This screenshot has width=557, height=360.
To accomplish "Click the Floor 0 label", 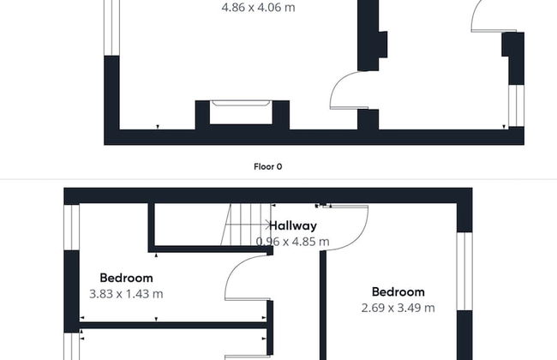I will (268, 166).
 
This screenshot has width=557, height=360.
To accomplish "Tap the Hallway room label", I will (293, 226).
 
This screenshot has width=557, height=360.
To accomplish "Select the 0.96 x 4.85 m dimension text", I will (293, 242).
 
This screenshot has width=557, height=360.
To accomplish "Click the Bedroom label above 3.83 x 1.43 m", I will (126, 278).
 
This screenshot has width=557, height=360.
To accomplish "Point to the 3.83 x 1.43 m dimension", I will (126, 293).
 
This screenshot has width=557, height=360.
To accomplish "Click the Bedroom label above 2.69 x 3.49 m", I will (398, 292).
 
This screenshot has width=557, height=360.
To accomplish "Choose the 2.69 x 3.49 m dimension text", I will (398, 308).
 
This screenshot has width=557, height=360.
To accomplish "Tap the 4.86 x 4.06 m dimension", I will (259, 8).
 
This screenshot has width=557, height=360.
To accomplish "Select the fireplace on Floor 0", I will (242, 111).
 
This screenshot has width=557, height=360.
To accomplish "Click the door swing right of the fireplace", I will (348, 89).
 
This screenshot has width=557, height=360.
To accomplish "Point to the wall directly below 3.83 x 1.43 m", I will (171, 325).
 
